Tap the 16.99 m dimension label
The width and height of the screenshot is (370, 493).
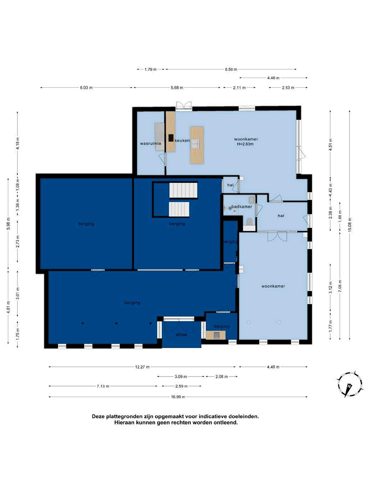tap(178, 397)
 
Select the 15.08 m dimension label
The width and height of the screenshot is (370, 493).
tap(349, 225)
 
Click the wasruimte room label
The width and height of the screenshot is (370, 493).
tap(150, 144)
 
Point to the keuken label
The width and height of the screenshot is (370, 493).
tap(182, 141)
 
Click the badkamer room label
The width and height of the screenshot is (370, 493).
tap(242, 207)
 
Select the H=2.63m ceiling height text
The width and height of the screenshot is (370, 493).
tap(245, 144)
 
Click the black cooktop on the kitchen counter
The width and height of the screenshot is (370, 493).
tap(171, 138)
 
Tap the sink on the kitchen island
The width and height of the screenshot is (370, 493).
tap(195, 144)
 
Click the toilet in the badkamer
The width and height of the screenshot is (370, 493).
tap(249, 222)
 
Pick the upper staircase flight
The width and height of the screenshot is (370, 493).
tap(183, 190)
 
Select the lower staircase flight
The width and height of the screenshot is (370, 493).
tap(179, 209)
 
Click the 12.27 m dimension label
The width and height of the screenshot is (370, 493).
tap(142, 367)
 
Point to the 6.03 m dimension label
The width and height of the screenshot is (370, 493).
tap(86, 88)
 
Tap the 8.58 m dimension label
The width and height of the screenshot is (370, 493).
tap(231, 69)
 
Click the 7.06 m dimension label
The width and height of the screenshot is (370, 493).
tap(340, 286)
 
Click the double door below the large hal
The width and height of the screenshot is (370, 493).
tap(277, 236)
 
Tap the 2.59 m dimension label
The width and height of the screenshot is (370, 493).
tap(181, 386)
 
